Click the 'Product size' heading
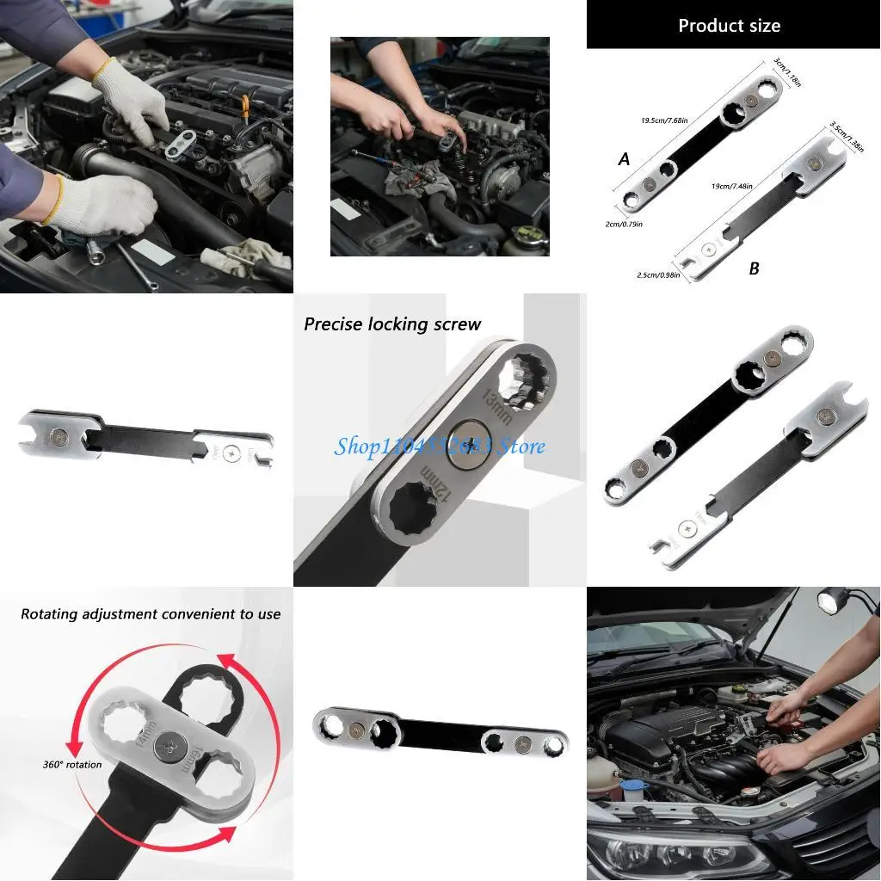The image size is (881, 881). (x=729, y=26)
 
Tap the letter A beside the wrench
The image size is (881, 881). (x=624, y=159)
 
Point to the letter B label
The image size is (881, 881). (x=754, y=268)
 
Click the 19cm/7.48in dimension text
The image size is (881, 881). (x=732, y=185)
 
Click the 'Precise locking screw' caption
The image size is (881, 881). (x=392, y=324)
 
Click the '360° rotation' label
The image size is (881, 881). (x=72, y=764)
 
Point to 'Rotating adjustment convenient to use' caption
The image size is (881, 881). (x=151, y=614)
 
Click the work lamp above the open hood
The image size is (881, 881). (x=832, y=600)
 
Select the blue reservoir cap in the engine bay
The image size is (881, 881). (x=633, y=786)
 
